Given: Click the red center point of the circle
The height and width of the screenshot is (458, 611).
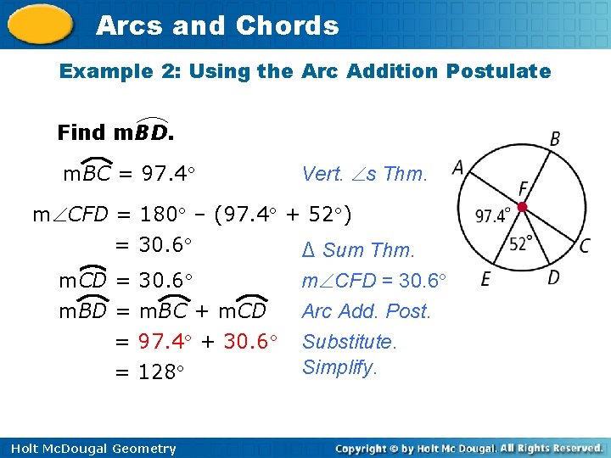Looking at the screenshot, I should [524, 207].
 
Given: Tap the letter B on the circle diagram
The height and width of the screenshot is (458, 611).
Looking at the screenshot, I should [554, 138].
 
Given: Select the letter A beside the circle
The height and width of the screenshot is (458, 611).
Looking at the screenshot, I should [458, 168].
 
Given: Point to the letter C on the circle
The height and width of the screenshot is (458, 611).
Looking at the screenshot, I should [585, 246].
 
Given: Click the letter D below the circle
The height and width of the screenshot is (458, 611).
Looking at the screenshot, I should [552, 277].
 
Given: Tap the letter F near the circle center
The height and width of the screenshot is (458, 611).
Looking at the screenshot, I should [524, 188].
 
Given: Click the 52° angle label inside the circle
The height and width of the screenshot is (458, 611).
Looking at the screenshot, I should [521, 243].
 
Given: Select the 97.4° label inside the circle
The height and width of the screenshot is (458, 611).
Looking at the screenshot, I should [492, 216].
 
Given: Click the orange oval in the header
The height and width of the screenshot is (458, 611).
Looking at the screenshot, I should [42, 25].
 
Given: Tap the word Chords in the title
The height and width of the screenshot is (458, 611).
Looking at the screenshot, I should [287, 25].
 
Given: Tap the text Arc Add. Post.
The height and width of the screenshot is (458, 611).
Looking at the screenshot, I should [367, 311].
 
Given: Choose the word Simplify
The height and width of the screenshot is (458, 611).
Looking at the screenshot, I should [340, 367].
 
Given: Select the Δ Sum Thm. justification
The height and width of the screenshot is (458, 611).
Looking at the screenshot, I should [358, 250].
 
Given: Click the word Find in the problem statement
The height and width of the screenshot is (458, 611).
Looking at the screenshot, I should [81, 133].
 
